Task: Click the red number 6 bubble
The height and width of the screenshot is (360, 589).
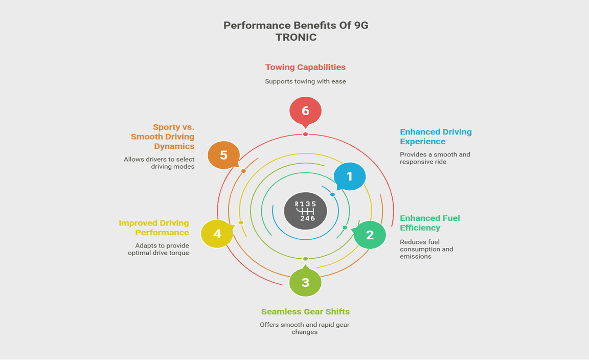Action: click(305, 110)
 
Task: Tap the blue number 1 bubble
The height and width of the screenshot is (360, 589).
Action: click(350, 176)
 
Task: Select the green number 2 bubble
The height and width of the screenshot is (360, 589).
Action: click(370, 235)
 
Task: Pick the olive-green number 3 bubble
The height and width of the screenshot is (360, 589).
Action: click(305, 282)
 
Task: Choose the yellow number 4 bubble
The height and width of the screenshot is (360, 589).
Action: click(217, 234)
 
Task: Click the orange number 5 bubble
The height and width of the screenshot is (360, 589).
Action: click(223, 155)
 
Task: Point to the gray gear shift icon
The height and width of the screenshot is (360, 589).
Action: click(305, 211)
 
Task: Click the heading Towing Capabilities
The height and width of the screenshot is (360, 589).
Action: click(305, 67)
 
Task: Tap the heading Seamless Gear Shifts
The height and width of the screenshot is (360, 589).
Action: click(305, 311)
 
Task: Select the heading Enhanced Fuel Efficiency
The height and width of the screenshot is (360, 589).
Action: click(429, 223)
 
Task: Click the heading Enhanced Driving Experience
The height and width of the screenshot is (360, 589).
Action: click(436, 137)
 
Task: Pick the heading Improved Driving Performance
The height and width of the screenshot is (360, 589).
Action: click(154, 228)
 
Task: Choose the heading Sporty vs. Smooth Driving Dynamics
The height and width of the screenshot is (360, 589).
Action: click(163, 137)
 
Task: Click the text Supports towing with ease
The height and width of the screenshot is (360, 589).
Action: click(305, 81)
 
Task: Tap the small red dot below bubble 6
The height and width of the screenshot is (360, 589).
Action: click(305, 134)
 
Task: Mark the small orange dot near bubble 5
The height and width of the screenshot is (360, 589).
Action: click(243, 171)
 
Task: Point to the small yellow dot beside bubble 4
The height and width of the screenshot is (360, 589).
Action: click(241, 222)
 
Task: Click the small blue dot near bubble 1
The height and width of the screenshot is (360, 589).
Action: click(332, 195)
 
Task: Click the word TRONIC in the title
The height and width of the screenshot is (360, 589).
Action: click(296, 38)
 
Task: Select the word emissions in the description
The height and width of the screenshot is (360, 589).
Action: click(416, 256)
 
